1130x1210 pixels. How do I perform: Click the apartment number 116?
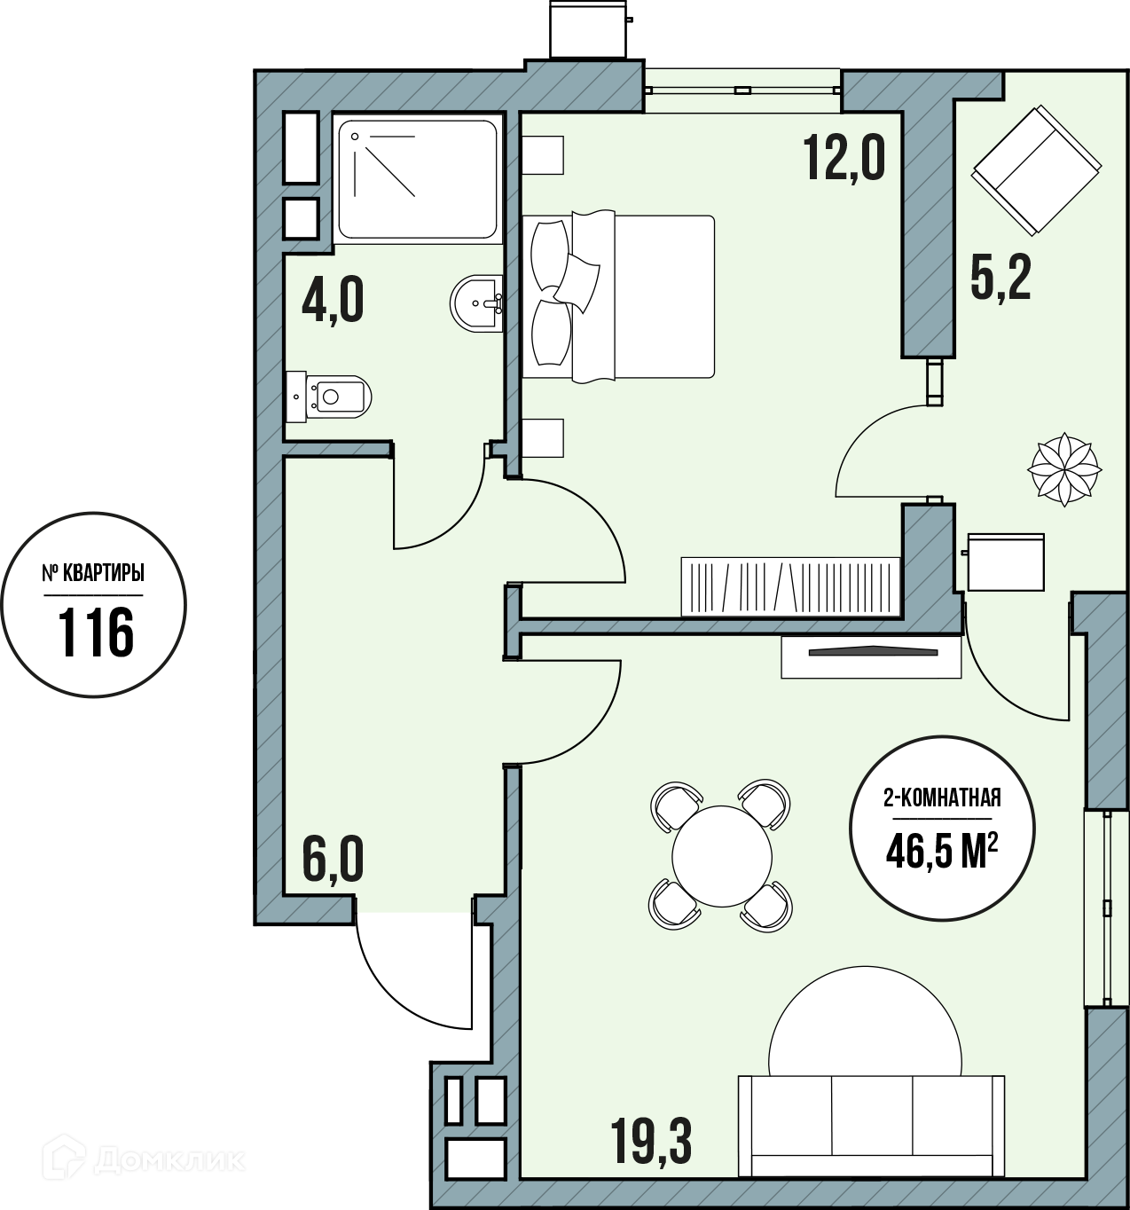coord(96,633)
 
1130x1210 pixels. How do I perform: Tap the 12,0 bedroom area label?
coord(844,158)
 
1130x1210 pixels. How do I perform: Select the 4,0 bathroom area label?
coord(333,301)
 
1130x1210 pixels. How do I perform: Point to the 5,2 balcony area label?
coord(1001,278)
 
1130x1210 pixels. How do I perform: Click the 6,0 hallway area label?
coord(333,860)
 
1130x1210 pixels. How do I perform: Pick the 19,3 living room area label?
coord(651,1142)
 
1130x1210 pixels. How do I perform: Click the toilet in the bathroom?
coord(329,397)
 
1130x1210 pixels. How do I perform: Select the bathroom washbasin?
coord(476,303)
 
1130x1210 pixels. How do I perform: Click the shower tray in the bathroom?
coord(418,179)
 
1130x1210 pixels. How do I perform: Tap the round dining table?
coord(722,857)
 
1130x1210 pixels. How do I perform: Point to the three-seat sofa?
coord(872,1126)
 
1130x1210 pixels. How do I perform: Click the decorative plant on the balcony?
coord(1064,470)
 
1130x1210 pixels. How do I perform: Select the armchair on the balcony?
coord(1037,171)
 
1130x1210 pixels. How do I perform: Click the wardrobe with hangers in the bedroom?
coord(790,586)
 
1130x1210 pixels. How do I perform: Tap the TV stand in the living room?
coord(872,656)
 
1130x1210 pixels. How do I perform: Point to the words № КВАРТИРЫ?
coord(93,573)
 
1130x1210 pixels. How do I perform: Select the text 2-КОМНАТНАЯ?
coord(942,797)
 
